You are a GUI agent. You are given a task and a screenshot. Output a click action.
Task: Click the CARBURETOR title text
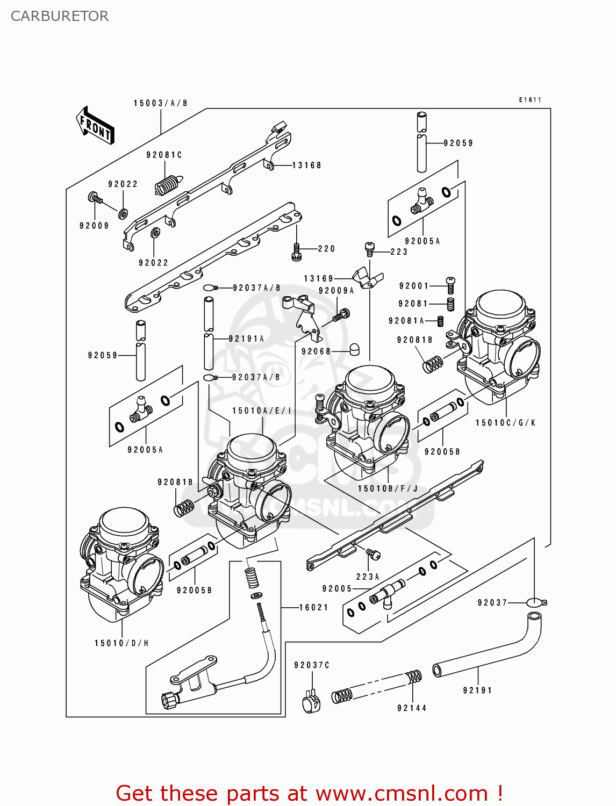(59, 16)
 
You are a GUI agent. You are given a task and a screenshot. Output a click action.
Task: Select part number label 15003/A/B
(160, 103)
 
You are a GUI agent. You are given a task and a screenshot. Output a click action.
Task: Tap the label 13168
(306, 165)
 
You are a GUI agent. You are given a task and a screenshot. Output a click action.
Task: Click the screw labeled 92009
(95, 198)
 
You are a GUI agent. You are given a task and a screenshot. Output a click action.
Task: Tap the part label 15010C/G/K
(505, 423)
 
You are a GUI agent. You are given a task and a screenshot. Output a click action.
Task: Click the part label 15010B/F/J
(388, 488)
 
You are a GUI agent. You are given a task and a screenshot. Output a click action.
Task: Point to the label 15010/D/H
(121, 643)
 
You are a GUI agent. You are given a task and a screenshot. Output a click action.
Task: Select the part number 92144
(412, 708)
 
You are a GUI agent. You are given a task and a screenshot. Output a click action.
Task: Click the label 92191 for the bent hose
(477, 690)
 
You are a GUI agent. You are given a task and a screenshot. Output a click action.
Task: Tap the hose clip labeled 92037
(535, 602)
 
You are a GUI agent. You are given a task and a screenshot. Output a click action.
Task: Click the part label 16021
(313, 608)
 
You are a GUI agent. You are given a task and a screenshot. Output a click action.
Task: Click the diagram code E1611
(530, 100)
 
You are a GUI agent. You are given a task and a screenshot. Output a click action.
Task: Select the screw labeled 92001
(450, 285)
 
